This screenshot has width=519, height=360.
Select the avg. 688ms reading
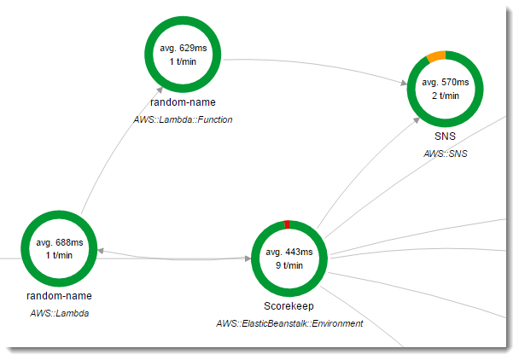[x=59, y=243]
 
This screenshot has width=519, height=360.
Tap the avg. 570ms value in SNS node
[x=445, y=82]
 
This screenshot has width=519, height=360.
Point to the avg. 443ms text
[x=290, y=252]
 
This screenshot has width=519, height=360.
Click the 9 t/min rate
[x=290, y=265]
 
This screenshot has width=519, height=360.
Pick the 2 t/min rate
[x=445, y=96]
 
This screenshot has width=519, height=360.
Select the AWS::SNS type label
[x=446, y=154]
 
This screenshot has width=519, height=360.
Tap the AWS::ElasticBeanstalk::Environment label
[x=289, y=323]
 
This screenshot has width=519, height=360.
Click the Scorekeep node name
[x=289, y=305]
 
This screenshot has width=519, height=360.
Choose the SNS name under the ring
[x=446, y=136]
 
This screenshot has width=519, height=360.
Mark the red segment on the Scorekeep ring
[x=288, y=224]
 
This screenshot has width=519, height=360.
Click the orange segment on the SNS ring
[x=434, y=56]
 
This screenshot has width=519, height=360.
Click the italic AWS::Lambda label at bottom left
[x=59, y=313]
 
